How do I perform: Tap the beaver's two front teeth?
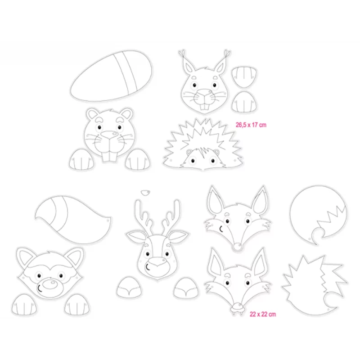pyautogui.click(x=109, y=156)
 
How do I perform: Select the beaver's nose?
pyautogui.click(x=109, y=134)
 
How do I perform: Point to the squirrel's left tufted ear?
pyautogui.click(x=187, y=62)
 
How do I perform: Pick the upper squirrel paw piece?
pyautogui.click(x=244, y=77)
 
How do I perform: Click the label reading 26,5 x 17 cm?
pyautogui.click(x=251, y=125)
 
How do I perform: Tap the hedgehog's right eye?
pyautogui.click(x=213, y=160)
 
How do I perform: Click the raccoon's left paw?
pyautogui.click(x=24, y=305)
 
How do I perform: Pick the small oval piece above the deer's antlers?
pyautogui.click(x=145, y=193)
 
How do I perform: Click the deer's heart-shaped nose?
pyautogui.click(x=157, y=262)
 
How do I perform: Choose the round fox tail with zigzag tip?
pyautogui.click(x=318, y=215)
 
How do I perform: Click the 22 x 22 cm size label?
pyautogui.click(x=263, y=314)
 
